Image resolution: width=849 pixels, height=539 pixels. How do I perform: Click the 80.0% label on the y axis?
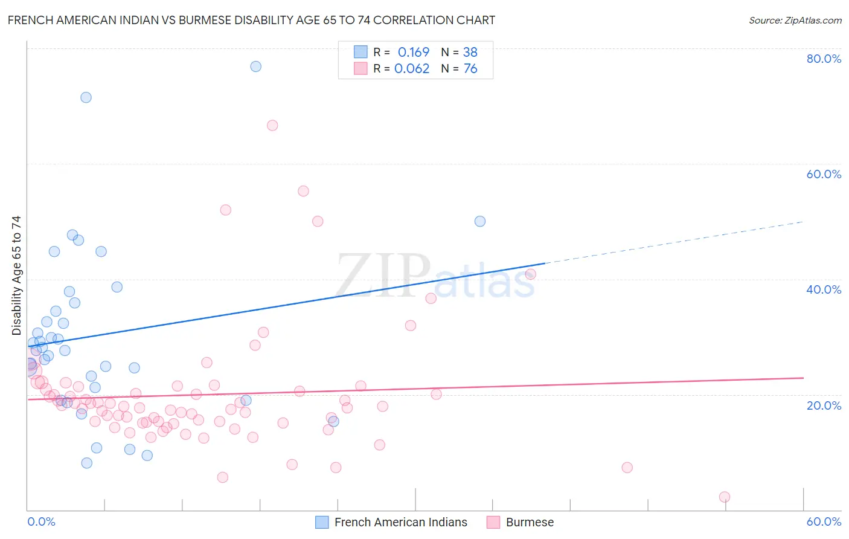pos(823,59)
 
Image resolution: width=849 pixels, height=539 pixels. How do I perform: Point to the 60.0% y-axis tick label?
pos(823,174)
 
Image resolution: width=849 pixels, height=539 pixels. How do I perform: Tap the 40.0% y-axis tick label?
pos(823,289)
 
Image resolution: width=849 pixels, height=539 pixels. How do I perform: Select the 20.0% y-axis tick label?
pos(823,405)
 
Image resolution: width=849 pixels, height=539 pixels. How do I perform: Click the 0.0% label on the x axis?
pos(41,521)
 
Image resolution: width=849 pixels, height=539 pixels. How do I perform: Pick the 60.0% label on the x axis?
pos(823,521)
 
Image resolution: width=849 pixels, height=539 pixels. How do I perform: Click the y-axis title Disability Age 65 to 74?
pos(16,275)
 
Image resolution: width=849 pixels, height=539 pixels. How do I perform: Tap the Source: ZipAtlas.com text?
pos(795,20)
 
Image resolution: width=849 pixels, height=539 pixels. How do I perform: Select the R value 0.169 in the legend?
pos(413,52)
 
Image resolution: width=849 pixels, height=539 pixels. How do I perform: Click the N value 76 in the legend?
pos(470,69)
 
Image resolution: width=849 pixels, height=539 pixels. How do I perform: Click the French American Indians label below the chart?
pos(400,522)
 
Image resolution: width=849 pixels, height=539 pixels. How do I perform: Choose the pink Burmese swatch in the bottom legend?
pos(493,522)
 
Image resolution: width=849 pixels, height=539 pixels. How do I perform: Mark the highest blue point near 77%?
pos(255,66)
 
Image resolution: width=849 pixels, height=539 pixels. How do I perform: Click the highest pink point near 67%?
pos(272,126)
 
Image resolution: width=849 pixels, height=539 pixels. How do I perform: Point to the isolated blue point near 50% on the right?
pos(480,221)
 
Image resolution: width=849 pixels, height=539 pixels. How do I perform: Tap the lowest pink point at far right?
pos(725,497)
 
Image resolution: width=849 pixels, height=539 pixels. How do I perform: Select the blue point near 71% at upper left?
pos(86,97)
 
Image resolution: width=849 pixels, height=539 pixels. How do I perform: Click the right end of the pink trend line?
pos(803,378)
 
